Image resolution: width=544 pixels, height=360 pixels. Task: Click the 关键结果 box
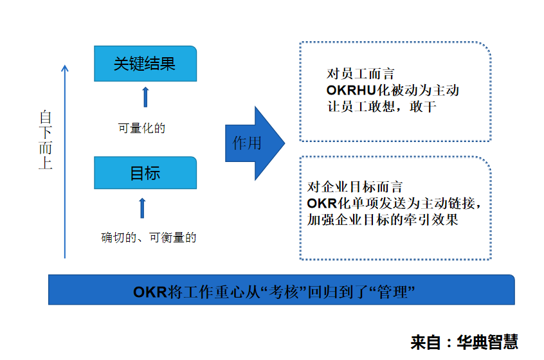pos(145,64)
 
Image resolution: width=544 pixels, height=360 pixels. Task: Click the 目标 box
pos(145,173)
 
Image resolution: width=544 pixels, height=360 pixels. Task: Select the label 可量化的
pos(141,129)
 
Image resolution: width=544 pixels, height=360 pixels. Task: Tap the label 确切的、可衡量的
pos(149,238)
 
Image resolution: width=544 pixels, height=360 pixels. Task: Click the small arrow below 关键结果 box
pos(146,97)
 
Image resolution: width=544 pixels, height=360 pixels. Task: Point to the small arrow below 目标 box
pos(142,208)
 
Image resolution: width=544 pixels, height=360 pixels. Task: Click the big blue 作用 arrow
pos(255,143)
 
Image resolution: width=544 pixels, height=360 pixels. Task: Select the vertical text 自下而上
pos(46,139)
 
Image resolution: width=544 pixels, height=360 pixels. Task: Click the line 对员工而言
pos(361,74)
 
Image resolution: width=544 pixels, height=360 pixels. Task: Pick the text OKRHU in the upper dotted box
pos(352,90)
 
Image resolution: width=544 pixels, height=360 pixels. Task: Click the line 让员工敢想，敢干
pos(381,107)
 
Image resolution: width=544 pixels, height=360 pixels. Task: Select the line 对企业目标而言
pos(355,187)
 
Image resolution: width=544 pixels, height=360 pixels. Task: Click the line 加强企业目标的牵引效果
pos(383,220)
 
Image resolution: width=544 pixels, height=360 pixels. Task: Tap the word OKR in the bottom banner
pos(150,292)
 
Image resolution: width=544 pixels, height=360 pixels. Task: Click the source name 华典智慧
pos(487,342)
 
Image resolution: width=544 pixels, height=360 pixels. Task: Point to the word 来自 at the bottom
pos(426,342)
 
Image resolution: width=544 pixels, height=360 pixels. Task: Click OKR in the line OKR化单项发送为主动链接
pos(322,203)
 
